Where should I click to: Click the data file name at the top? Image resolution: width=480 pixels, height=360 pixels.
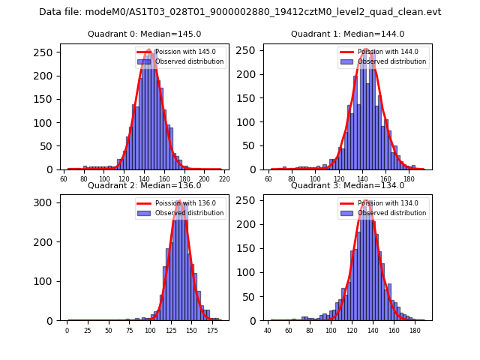pos(240,12)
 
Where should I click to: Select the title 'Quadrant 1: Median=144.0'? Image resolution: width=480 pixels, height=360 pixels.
pos(347,34)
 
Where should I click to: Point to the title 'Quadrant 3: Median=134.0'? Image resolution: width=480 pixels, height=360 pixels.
pos(347,186)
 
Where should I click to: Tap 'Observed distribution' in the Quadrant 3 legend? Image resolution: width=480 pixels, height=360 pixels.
pos(391,213)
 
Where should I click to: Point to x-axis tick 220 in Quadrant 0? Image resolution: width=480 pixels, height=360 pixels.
pos(223,178)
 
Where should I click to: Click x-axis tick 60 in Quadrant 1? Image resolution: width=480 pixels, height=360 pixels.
pos(268,178)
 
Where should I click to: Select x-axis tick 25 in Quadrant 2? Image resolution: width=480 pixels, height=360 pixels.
pos(88,330)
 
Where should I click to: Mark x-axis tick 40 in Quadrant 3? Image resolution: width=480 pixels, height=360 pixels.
pos(268,330)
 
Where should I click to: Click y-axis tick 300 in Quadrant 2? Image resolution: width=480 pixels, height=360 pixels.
pos(47,202)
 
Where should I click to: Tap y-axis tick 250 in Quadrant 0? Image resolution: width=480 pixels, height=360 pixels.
pos(47,52)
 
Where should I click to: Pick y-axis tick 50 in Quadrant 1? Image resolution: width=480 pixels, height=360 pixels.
pos(250,146)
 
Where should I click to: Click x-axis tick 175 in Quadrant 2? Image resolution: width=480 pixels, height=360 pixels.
pos(212,330)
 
